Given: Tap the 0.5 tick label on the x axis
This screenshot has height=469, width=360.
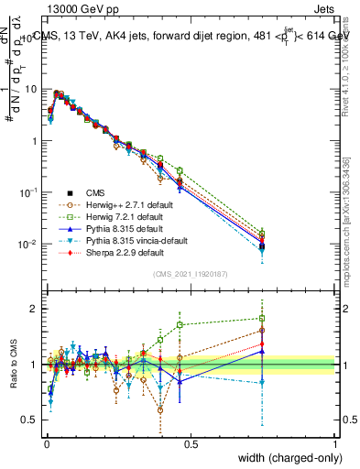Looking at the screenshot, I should (x=191, y=444).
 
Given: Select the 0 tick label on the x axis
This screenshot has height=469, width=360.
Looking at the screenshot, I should (x=46, y=444).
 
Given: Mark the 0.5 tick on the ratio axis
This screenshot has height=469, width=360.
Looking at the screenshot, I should (x=32, y=420).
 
